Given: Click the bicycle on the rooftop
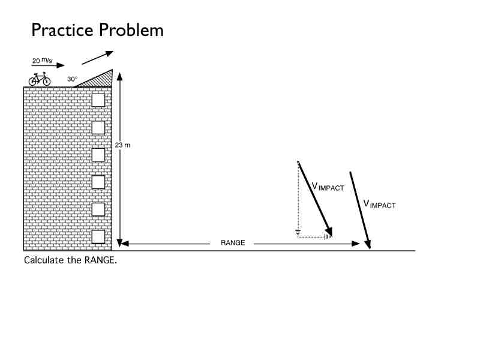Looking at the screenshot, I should point(40,79).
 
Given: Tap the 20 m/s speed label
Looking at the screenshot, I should point(43,61).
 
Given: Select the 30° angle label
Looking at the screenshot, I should point(73,79).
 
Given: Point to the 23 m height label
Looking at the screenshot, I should point(122,146).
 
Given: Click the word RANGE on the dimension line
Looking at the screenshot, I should point(233,243).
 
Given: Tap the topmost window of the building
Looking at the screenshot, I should point(98,100).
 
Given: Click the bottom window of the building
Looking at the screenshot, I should point(98,237).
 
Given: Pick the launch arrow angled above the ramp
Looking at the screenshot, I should point(97,58).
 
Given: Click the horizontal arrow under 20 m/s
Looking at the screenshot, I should point(48,67).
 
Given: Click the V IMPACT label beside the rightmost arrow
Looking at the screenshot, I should point(379,204).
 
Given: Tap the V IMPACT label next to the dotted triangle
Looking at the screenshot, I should point(328,187).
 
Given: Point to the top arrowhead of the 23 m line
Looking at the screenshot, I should point(119,76).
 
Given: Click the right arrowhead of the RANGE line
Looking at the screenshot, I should point(356,244).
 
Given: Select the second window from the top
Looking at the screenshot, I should point(98,127).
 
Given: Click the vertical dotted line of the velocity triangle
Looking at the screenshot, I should point(298,198).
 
